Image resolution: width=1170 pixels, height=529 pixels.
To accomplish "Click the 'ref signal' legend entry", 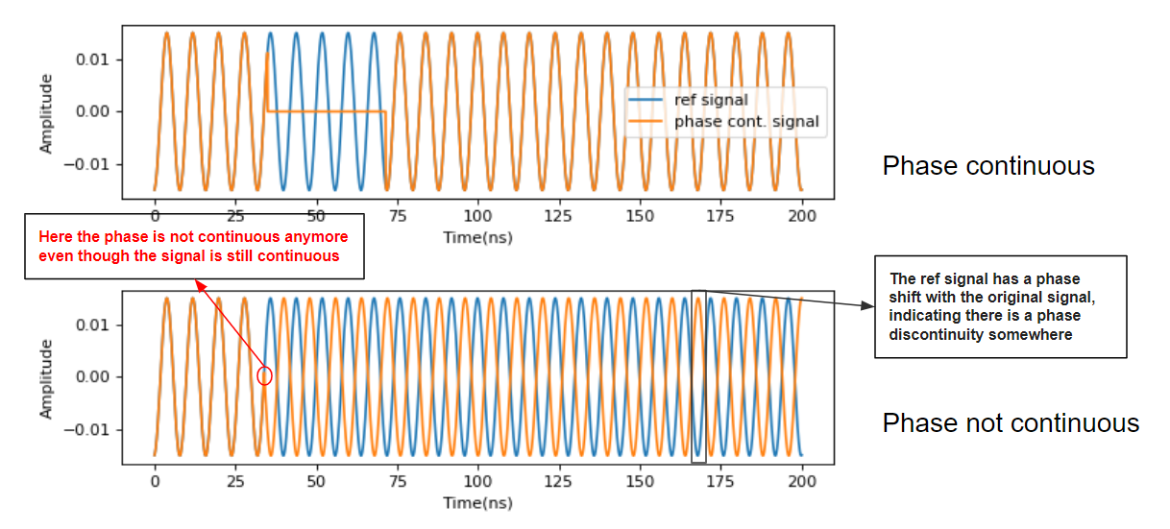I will [x=710, y=100].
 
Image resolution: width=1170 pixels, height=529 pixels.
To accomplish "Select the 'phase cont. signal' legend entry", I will [x=745, y=122].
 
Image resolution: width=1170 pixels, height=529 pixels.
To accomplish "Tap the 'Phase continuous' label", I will [x=988, y=166].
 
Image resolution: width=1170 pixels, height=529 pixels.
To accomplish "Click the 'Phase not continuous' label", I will [x=1011, y=423].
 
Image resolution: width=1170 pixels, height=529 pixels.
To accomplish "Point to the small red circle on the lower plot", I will [x=265, y=376].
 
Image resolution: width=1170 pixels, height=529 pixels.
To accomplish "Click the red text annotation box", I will [x=193, y=246].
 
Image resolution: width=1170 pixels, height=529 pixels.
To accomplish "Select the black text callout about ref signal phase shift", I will [x=1000, y=307].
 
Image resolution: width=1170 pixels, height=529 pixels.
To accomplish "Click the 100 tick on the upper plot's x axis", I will [x=478, y=216].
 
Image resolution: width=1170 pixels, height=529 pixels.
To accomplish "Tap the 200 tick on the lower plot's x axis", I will [x=802, y=481].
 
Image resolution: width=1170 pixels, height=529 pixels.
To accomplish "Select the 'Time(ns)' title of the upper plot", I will [x=477, y=236].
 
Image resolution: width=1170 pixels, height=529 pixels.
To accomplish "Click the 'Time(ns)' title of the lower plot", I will [x=477, y=502].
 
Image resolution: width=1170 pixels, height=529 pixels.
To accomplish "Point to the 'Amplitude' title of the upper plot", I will [x=46, y=113].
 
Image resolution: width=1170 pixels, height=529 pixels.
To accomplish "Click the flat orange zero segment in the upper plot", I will [x=327, y=112].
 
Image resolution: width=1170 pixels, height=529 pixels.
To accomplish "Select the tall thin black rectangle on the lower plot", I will [x=698, y=376].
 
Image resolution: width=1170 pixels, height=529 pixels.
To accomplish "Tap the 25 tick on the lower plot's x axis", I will [x=235, y=481].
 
